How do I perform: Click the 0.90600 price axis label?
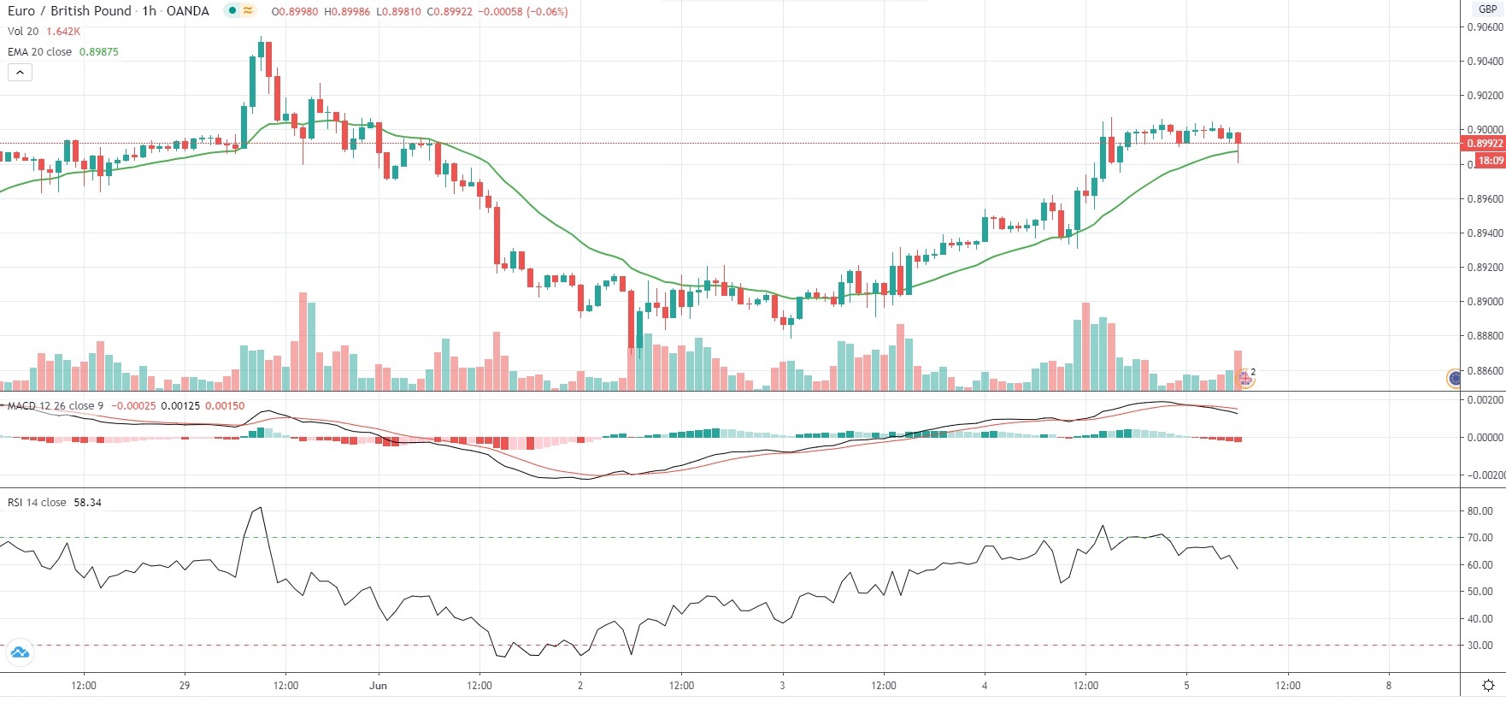[x=1485, y=27]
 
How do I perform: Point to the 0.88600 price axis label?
[x=1485, y=371]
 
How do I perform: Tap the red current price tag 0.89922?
[x=1485, y=144]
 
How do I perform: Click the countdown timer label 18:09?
[x=1490, y=161]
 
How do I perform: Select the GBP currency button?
[x=1488, y=9]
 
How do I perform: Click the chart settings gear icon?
[x=1488, y=685]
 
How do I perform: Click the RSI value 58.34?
[x=87, y=503]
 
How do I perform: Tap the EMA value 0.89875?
[x=98, y=52]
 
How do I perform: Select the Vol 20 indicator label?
[x=23, y=32]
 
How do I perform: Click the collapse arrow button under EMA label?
[x=20, y=73]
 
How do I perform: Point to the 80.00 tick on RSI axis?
[x=1480, y=511]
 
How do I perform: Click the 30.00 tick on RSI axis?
[x=1480, y=646]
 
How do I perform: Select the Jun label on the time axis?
[x=378, y=685]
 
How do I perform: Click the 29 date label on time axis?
[x=185, y=685]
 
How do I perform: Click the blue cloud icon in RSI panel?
[x=19, y=653]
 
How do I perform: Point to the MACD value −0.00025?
[x=133, y=406]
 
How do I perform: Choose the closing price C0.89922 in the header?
[x=450, y=12]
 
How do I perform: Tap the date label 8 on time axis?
[x=1389, y=685]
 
